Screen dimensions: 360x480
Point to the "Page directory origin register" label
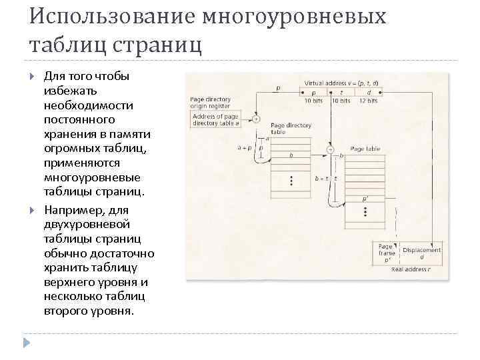pos(210,103)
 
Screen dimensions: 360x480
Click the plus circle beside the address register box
pos(256,120)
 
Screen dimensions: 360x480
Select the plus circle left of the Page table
pos(329,149)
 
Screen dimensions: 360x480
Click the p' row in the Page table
pos(365,199)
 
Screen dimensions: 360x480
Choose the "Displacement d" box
pos(422,254)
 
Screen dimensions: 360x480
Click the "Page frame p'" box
pos(386,254)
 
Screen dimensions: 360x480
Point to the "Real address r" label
pos(411,269)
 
